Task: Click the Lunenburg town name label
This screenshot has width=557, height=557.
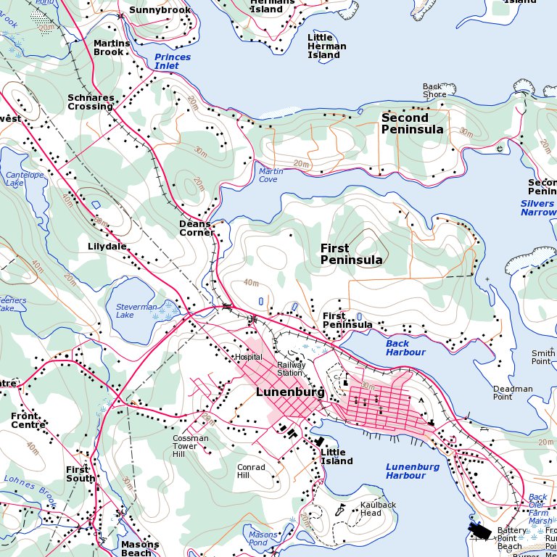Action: pos(289,392)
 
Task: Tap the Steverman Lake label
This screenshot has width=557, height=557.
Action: pos(136,311)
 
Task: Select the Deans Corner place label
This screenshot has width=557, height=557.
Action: pos(197,228)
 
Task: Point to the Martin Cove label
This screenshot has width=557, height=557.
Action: pos(271,175)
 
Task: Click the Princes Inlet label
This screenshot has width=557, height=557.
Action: pos(173,62)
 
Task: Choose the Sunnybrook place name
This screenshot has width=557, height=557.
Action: pos(160,10)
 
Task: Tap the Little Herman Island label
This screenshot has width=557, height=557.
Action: pos(326,46)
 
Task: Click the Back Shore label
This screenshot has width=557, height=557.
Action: pos(434,91)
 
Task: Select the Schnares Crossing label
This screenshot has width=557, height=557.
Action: pos(91,102)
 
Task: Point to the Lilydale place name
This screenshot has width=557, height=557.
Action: pos(107,247)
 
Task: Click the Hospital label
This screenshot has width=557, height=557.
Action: pos(248,358)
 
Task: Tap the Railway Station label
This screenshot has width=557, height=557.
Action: pos(291,369)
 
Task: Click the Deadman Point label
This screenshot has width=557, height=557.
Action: pos(513,393)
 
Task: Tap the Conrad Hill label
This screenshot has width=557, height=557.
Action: pos(251,472)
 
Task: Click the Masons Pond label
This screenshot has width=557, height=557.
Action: pos(263,539)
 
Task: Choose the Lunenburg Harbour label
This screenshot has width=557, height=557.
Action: pos(412,471)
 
